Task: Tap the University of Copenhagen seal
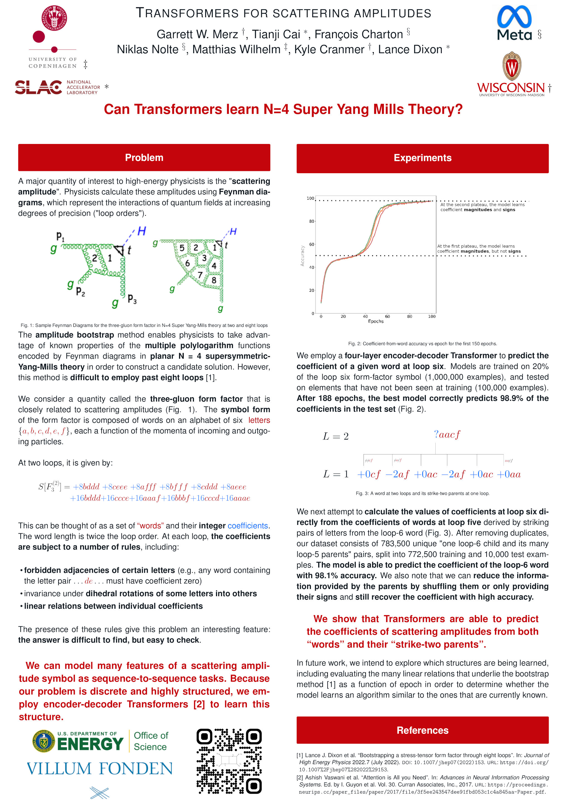54,18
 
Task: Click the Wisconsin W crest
512,66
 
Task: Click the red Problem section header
144,158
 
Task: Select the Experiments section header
423,158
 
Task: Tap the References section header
423,730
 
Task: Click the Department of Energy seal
43,741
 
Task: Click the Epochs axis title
376,321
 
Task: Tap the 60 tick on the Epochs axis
387,316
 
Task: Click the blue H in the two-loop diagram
141,231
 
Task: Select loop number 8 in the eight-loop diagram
214,280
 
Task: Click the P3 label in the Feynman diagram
132,299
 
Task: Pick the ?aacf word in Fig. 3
447,434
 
